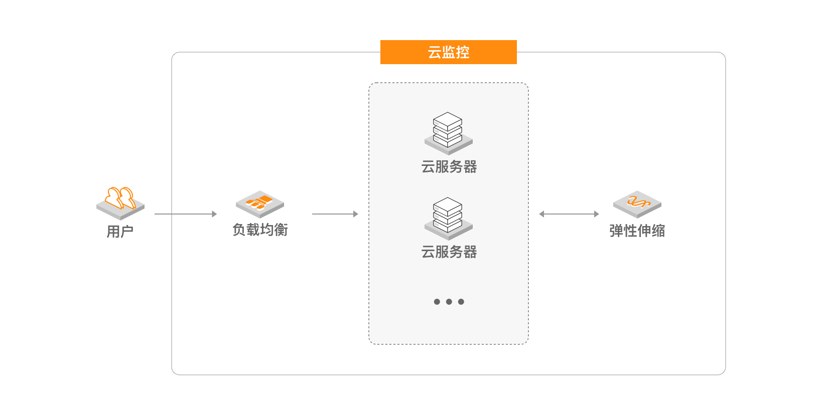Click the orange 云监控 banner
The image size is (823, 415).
click(448, 52)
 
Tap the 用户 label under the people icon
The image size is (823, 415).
click(120, 232)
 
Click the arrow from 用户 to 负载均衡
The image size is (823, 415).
click(186, 214)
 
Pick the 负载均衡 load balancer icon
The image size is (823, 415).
click(260, 204)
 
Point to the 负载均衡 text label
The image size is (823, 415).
click(260, 230)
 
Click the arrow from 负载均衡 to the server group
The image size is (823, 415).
click(335, 214)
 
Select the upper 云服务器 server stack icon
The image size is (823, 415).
click(448, 133)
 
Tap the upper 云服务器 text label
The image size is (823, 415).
click(449, 167)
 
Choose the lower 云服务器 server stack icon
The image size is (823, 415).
click(448, 219)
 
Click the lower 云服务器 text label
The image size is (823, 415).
click(449, 252)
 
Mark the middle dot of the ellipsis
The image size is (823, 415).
click(449, 302)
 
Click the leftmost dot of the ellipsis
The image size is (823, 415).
click(437, 302)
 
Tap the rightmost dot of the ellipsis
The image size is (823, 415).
click(461, 302)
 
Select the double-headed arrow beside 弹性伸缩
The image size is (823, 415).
click(569, 214)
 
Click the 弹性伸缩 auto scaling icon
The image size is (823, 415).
click(637, 204)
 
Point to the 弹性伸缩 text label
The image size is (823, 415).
click(637, 231)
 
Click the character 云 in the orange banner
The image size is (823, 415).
click(434, 52)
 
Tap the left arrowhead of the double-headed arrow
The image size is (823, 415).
click(541, 214)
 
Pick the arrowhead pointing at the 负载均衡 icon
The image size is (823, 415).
click(215, 214)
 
